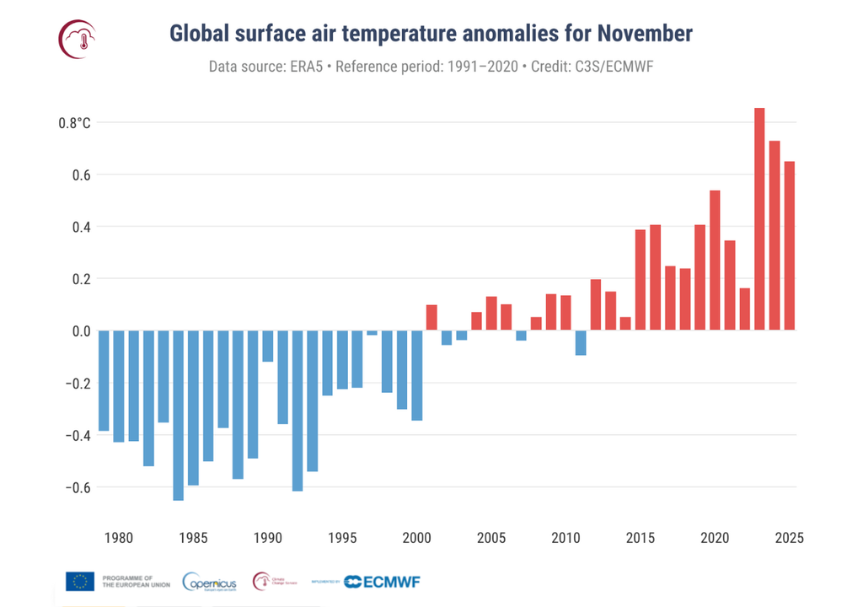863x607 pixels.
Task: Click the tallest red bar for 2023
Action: pos(759,219)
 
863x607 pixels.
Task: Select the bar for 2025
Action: pos(790,245)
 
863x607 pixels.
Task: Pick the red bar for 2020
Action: pos(715,261)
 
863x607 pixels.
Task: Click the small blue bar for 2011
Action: pos(581,343)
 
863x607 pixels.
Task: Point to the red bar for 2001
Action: pos(431,318)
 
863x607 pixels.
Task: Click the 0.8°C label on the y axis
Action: pos(74,123)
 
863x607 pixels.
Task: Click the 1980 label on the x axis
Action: pos(118,538)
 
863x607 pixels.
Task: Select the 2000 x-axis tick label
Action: pos(416,538)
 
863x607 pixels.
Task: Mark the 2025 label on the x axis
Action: pos(790,538)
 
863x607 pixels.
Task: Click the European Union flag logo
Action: pos(80,582)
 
